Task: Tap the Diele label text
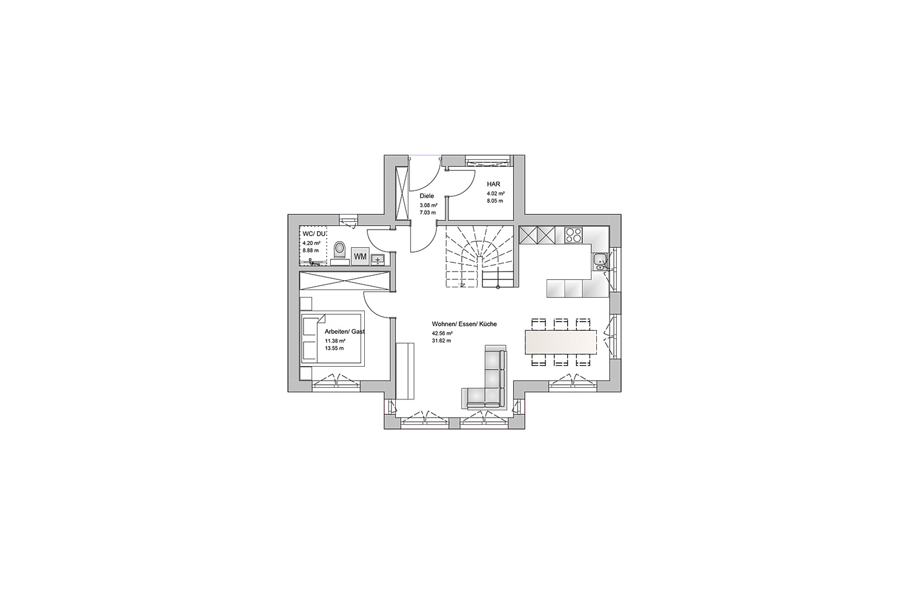pos(427,196)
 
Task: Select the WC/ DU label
pos(314,233)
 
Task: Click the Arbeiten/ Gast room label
pos(345,331)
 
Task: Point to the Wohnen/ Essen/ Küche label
pos(464,324)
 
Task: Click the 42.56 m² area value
pos(442,333)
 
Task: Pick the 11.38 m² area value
pos(335,341)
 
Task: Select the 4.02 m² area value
pos(496,193)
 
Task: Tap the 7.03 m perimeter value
pos(428,212)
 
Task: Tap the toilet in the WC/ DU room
pos(339,250)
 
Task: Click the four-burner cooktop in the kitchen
pos(574,235)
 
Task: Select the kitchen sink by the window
pos(599,261)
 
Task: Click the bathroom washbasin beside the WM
pos(379,259)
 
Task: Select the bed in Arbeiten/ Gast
pos(332,339)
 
